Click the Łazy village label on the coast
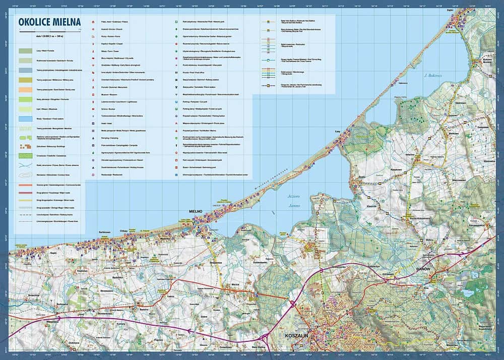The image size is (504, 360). coord(338,131)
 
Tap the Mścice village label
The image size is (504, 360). coord(235,285)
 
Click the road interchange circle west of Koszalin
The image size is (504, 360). coord(292,304)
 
